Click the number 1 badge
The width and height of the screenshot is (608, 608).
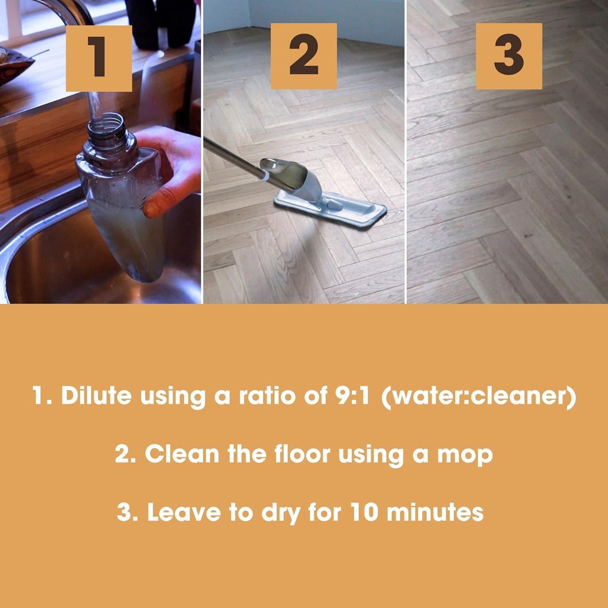click(99, 58)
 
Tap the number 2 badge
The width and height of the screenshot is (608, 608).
click(303, 56)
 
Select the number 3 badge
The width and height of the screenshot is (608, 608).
click(509, 56)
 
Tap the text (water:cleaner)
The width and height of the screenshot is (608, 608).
click(478, 396)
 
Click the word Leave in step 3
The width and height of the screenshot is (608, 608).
click(184, 512)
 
